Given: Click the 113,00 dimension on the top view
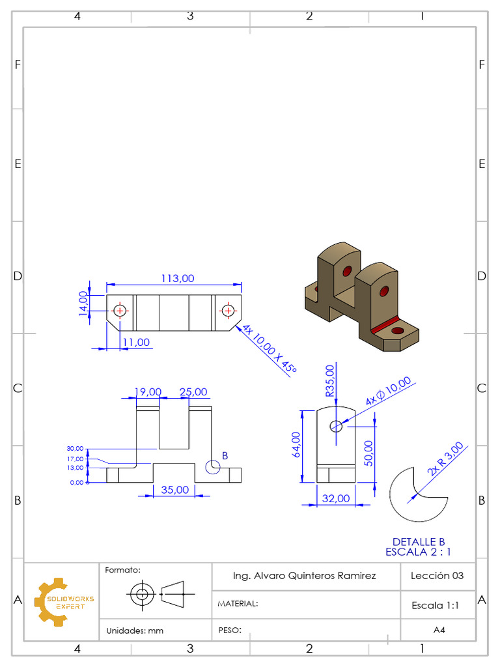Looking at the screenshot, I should (x=177, y=278).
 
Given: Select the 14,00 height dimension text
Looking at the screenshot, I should (x=83, y=303).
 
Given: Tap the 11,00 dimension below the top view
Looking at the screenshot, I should (x=135, y=342).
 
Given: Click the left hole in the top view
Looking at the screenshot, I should (x=120, y=311).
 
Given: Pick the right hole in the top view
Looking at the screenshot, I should (x=227, y=311).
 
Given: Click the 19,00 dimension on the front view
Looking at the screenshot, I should (x=148, y=392).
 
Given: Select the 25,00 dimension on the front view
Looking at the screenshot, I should (x=193, y=392).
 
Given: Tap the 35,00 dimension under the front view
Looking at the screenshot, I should (x=175, y=489).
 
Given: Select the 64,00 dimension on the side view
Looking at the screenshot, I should (x=296, y=446).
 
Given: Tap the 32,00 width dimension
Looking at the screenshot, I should (x=337, y=498).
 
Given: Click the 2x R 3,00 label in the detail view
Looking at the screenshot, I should (x=446, y=459).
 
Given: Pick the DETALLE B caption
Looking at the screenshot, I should (x=418, y=541).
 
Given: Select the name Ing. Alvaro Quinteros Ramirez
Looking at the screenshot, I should (x=304, y=576).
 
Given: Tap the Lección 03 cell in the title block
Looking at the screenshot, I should (x=437, y=576).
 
